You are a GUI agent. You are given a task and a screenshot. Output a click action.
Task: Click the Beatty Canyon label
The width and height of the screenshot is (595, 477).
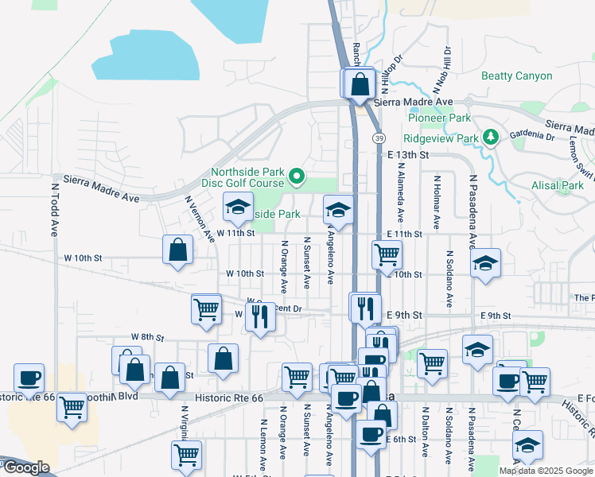point(516,76)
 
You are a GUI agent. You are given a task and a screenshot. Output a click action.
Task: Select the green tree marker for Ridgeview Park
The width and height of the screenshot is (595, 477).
point(492,138)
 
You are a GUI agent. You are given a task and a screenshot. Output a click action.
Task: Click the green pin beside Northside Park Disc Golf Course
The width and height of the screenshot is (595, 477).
point(297,176)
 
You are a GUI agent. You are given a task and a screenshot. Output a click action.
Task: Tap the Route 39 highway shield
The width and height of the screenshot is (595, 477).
point(380,138)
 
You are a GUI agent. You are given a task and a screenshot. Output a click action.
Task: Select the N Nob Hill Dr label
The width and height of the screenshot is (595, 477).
point(437,68)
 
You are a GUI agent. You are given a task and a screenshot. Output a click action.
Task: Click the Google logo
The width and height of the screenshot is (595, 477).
point(25,467)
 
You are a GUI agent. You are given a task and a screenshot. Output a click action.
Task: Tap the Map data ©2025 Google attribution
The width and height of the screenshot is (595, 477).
point(546,471)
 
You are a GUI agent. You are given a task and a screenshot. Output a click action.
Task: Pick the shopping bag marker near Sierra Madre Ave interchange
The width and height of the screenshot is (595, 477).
point(360,83)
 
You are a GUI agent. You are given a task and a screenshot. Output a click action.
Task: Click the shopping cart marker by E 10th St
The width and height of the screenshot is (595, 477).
point(387,255)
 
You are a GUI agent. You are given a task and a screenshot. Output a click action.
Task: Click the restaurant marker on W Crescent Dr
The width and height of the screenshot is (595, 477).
point(260,317)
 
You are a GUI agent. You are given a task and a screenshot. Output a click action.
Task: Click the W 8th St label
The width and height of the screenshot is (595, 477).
point(147,338)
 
